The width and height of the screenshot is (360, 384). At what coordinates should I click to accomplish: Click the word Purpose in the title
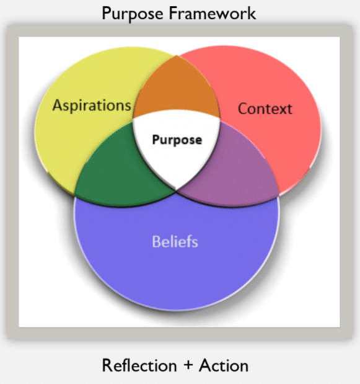click(133, 14)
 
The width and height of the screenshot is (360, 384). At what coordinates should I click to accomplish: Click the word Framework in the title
click(213, 13)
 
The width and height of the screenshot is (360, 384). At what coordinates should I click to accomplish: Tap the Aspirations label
click(92, 105)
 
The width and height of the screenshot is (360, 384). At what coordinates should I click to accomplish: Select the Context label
click(265, 109)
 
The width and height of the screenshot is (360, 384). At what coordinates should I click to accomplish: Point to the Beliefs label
click(175, 241)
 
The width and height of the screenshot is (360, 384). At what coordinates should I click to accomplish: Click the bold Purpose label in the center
click(177, 140)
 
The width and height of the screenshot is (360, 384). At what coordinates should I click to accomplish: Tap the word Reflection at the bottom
click(139, 365)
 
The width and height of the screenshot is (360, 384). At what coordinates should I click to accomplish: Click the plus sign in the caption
click(188, 365)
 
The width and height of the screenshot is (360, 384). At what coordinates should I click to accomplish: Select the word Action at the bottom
click(224, 365)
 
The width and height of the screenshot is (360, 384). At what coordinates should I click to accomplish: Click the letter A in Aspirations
click(58, 105)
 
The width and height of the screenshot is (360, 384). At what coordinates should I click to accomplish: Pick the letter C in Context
click(243, 109)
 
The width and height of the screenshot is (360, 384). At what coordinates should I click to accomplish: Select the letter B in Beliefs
click(156, 241)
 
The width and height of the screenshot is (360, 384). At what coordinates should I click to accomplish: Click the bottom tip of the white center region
click(176, 190)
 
